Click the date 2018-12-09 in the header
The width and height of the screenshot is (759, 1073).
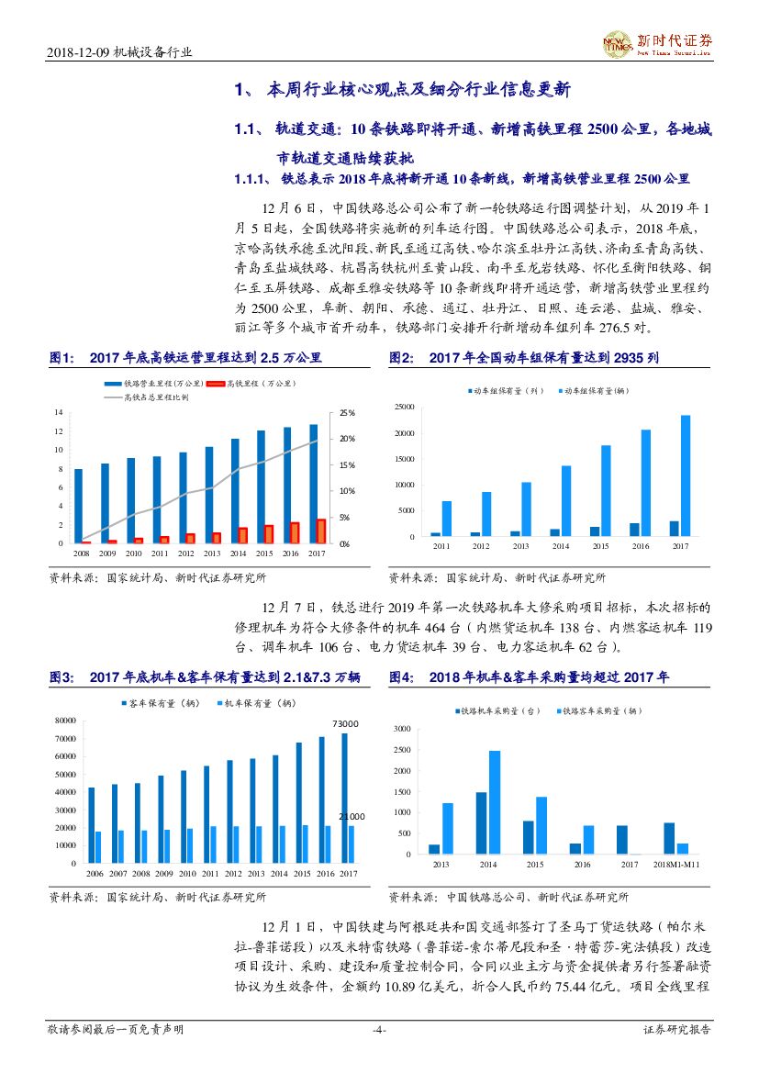[x=77, y=53]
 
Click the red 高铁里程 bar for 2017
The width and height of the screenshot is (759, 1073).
[x=320, y=531]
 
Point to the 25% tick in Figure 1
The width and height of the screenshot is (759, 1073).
[x=347, y=413]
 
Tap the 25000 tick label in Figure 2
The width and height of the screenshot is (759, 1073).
[x=403, y=407]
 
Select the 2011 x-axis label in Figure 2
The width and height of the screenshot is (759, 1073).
[x=441, y=546]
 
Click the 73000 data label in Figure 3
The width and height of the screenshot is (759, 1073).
[x=345, y=724]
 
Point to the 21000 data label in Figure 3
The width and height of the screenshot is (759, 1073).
[x=352, y=816]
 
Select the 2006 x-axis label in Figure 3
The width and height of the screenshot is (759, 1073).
[x=95, y=874]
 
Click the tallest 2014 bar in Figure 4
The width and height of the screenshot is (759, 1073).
[x=494, y=803]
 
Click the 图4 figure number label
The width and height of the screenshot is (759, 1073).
[x=400, y=677]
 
